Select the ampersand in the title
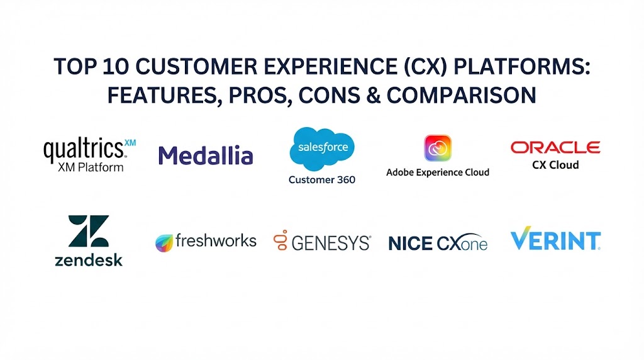click(x=372, y=95)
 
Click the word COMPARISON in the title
click(x=461, y=95)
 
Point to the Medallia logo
click(x=206, y=155)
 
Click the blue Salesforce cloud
click(x=322, y=148)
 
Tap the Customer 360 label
click(x=322, y=179)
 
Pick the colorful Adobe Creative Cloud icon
click(x=438, y=148)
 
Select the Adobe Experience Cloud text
click(x=438, y=172)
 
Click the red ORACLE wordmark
click(x=555, y=147)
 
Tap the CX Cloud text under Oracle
click(x=555, y=165)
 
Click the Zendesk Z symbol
click(x=89, y=231)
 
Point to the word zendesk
click(x=89, y=260)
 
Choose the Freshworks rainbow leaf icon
click(x=164, y=243)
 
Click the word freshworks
click(x=216, y=240)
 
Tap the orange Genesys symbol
click(x=281, y=240)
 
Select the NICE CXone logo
click(x=438, y=243)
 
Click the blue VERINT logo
click(x=555, y=239)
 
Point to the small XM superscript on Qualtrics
click(x=130, y=143)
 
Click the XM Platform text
click(x=91, y=167)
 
